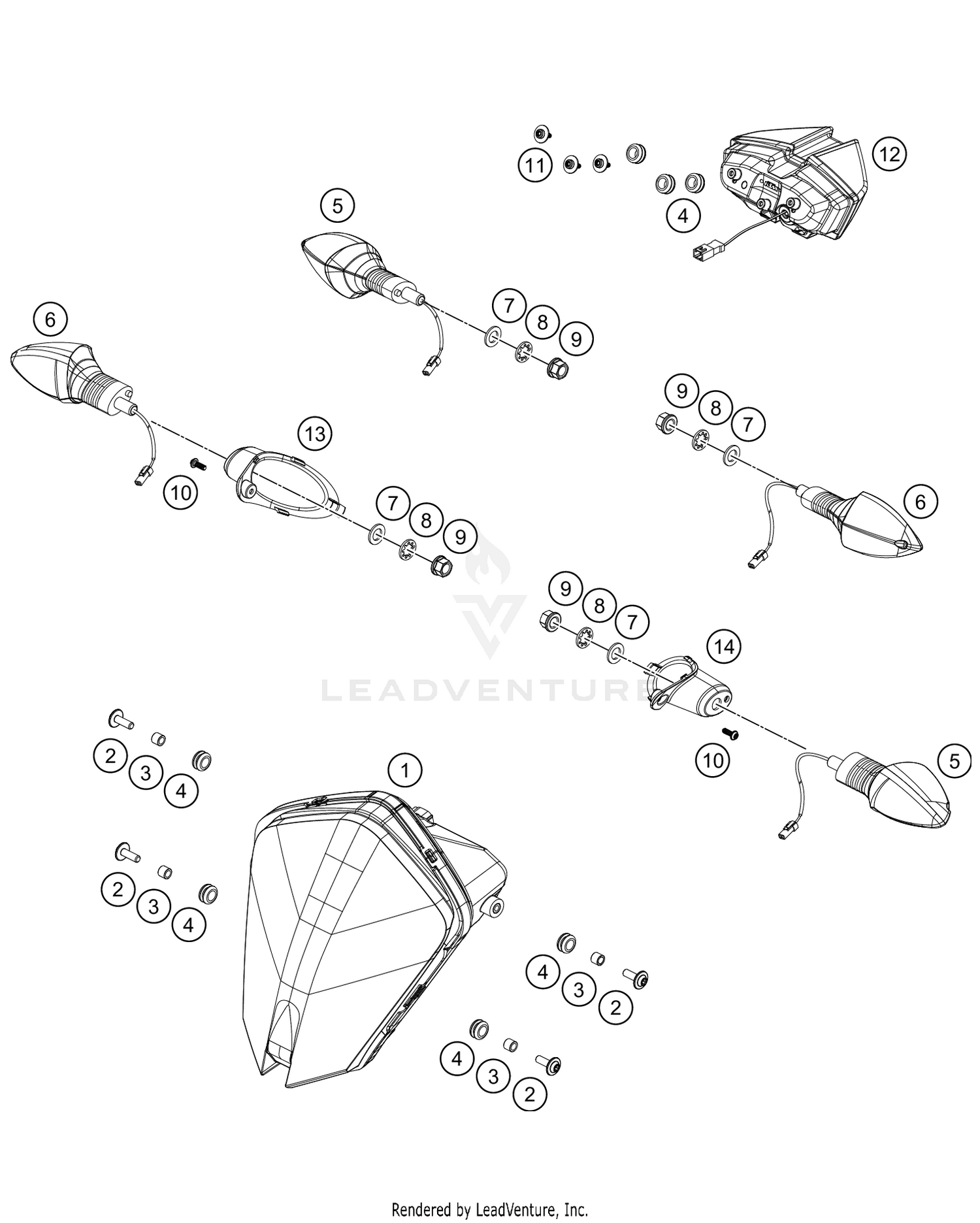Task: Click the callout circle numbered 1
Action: [x=405, y=771]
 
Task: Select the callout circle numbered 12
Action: [x=890, y=154]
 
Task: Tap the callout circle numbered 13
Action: [x=315, y=434]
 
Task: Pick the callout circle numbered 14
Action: [x=724, y=647]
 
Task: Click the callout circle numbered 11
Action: [x=535, y=165]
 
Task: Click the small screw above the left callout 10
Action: [x=197, y=464]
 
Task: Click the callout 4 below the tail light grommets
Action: [x=683, y=215]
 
